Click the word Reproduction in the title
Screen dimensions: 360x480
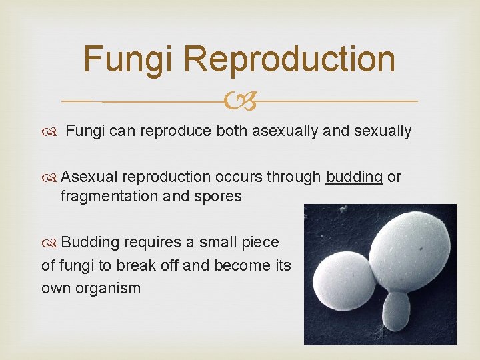point(289,59)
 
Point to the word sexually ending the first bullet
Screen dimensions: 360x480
point(383,131)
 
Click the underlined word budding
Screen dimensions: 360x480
point(354,177)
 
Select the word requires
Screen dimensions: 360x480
point(149,242)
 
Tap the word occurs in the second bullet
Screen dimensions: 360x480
point(237,177)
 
